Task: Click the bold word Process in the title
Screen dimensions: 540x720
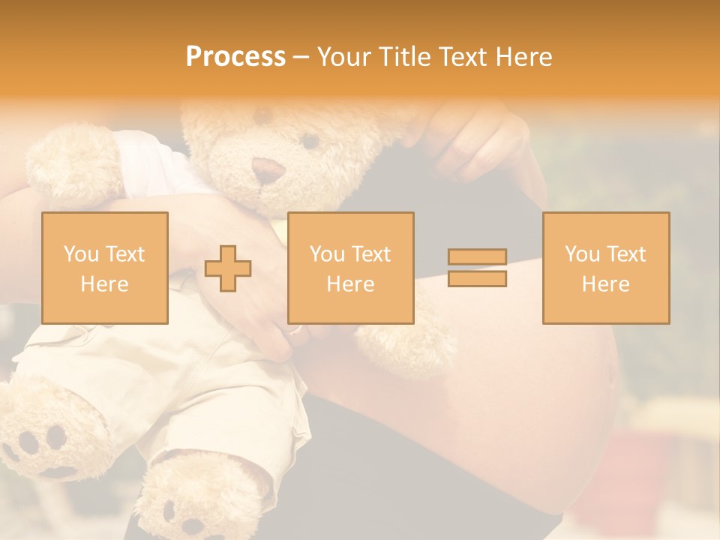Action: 235,57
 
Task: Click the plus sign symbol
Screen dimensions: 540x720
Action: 228,268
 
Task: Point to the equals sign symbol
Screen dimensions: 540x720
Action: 477,268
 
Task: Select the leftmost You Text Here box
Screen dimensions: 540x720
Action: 105,268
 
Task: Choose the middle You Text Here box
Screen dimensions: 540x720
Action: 350,268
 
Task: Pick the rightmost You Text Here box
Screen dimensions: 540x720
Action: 605,268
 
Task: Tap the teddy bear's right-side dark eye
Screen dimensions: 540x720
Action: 310,140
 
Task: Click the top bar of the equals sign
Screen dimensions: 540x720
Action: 477,257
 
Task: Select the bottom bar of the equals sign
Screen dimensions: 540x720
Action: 477,279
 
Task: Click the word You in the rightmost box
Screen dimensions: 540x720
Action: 581,254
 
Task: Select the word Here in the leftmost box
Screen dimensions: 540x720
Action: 105,284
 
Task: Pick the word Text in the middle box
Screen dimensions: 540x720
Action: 371,254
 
